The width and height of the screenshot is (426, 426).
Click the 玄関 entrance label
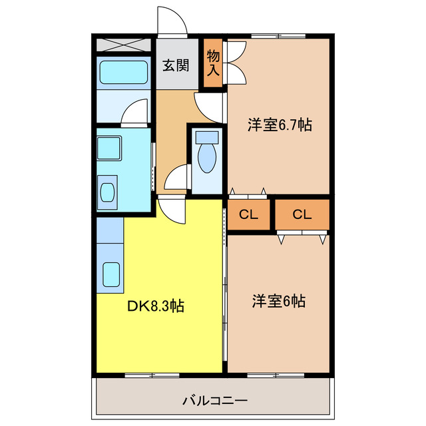tap(176, 65)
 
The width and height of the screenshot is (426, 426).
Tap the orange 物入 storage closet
tap(213, 61)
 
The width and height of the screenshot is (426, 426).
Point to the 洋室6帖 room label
tap(278, 301)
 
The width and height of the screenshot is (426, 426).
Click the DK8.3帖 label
tap(156, 306)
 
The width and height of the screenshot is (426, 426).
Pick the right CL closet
tap(302, 214)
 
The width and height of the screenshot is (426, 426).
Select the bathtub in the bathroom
tap(123, 73)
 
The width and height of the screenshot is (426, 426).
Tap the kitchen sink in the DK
tap(110, 274)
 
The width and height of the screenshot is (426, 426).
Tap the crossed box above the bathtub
tap(124, 45)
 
